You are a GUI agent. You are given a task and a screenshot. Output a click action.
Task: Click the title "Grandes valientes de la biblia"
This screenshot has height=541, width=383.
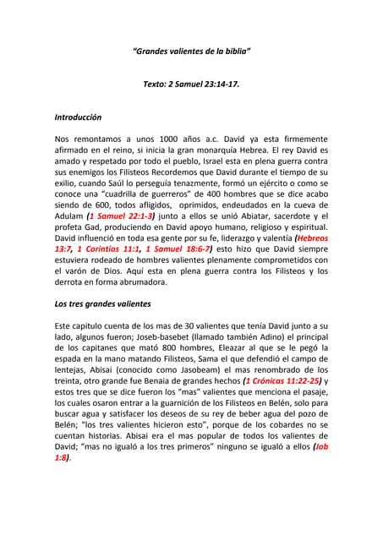pos(192,52)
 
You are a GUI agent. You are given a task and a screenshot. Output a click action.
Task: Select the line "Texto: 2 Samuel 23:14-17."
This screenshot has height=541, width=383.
pos(192,85)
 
